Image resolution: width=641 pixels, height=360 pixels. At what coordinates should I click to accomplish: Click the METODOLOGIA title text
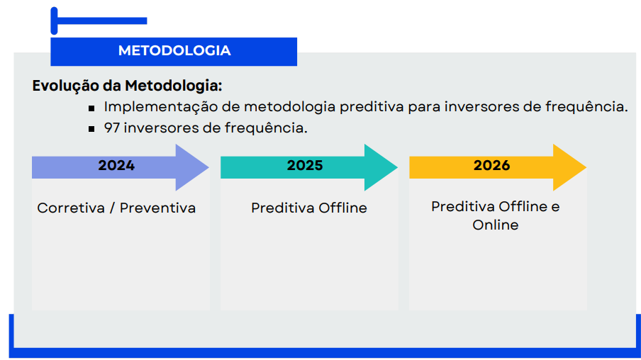click(x=174, y=51)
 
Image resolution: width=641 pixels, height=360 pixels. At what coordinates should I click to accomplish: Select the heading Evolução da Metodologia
click(x=127, y=86)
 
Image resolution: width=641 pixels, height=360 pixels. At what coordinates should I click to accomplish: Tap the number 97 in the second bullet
click(x=111, y=128)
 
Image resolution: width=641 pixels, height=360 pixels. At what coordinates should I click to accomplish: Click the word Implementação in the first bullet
click(x=161, y=107)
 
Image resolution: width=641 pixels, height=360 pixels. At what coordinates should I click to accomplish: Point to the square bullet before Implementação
click(x=91, y=108)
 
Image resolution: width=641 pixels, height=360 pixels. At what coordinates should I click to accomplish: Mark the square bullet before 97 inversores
click(x=91, y=129)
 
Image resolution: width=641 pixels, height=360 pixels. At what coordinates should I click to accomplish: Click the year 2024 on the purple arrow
click(x=116, y=166)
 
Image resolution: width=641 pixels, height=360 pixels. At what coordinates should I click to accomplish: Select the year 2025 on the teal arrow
click(x=305, y=166)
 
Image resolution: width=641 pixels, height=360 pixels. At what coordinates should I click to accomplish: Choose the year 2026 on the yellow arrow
click(x=492, y=166)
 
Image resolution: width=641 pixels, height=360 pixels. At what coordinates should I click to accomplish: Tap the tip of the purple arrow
click(x=209, y=167)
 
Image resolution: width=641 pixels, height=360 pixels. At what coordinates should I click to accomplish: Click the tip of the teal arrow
click(x=397, y=167)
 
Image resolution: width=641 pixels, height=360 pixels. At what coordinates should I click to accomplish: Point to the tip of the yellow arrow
click(x=586, y=167)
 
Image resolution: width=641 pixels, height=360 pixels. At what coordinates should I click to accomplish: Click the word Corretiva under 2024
click(x=71, y=208)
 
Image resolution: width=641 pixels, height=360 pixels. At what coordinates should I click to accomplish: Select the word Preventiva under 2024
click(x=158, y=208)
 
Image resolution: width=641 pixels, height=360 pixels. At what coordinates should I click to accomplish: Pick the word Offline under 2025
click(x=343, y=208)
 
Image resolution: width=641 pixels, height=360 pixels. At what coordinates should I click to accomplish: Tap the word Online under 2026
click(x=496, y=225)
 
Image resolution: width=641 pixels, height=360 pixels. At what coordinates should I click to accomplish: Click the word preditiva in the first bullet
click(x=372, y=107)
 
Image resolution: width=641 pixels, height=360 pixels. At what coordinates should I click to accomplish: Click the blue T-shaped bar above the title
click(x=99, y=21)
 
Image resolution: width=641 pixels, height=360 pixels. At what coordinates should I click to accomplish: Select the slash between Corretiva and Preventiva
click(x=113, y=208)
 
